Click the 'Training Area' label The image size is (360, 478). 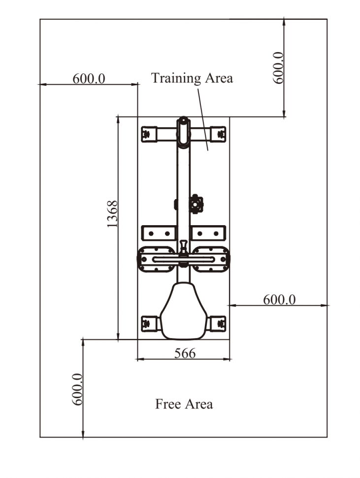(192, 78)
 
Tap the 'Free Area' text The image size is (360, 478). (184, 404)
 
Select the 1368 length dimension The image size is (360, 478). (112, 214)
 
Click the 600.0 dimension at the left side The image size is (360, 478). (89, 79)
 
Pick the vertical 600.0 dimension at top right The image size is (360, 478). (278, 68)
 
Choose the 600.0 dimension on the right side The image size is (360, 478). (279, 300)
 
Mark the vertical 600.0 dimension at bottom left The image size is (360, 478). (77, 389)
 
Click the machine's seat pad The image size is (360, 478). (183, 310)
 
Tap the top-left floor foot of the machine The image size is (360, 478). (149, 134)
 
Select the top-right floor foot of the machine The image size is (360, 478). (218, 134)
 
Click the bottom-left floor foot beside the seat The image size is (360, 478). (150, 323)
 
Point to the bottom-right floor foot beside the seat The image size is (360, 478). (218, 323)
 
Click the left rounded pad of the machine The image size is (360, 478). (156, 259)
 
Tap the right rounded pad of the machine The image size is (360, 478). (211, 259)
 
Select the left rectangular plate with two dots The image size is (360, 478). (159, 234)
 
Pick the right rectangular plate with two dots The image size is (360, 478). (208, 234)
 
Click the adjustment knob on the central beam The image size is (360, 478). (196, 204)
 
